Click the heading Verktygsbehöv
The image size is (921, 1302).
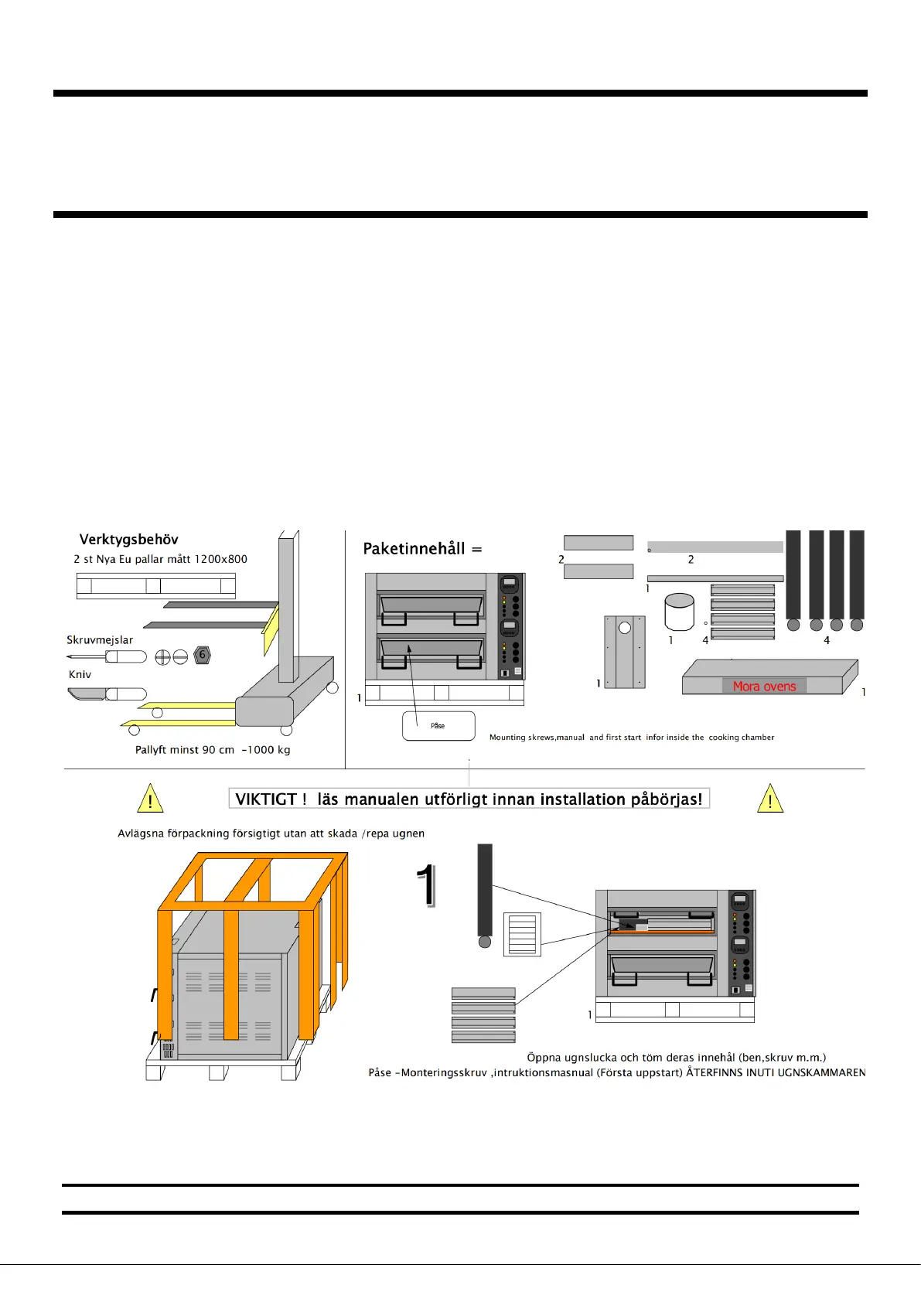[128, 540]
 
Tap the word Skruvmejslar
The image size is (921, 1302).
[100, 640]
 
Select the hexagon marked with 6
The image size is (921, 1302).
[203, 655]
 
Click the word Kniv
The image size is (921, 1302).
[80, 674]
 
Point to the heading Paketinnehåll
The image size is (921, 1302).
[414, 549]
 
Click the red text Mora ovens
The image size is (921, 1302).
[764, 687]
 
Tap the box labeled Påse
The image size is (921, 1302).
[438, 726]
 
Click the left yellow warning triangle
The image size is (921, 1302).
[150, 799]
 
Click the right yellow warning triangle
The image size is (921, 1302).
[770, 799]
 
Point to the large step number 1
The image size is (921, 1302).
[426, 885]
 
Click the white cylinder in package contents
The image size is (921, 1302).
[680, 612]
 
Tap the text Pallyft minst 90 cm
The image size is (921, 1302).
[185, 750]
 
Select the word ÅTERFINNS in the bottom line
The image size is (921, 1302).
[715, 1073]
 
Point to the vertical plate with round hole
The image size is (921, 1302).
[625, 651]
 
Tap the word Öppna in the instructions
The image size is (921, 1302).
[544, 1058]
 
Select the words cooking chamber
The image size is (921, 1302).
[742, 738]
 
